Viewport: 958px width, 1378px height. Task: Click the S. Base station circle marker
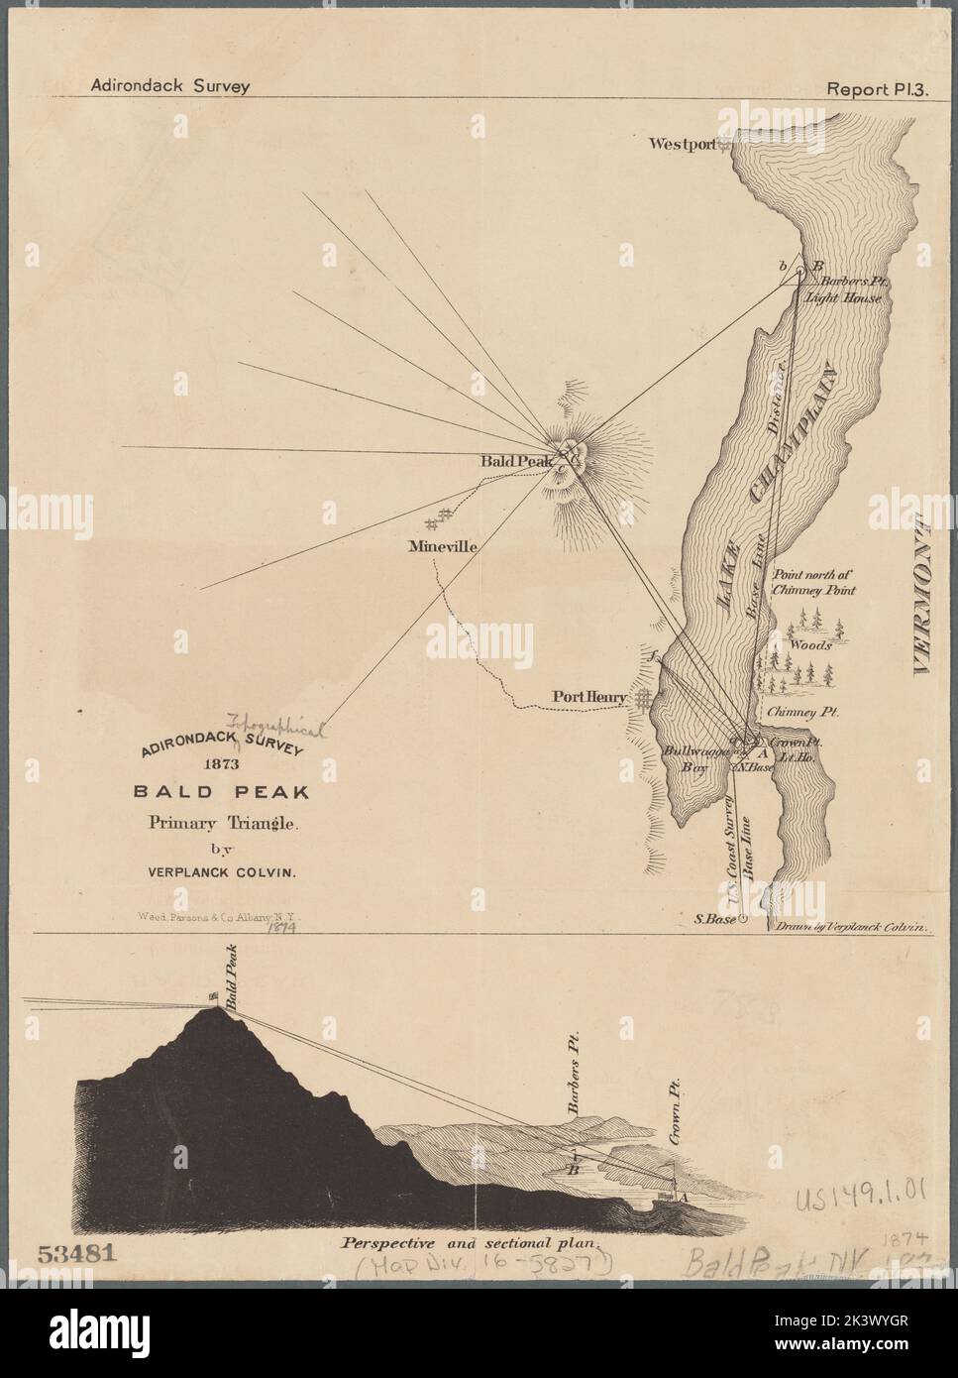[742, 919]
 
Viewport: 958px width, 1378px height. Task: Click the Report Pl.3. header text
[869, 85]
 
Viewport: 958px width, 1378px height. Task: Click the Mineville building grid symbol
[438, 517]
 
